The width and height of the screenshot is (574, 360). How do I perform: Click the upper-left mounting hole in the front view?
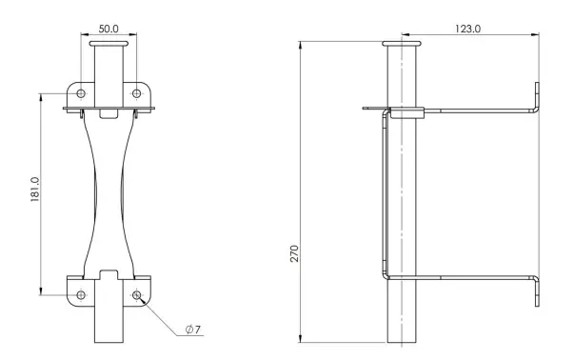80,94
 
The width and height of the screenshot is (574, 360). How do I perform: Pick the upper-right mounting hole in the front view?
136,94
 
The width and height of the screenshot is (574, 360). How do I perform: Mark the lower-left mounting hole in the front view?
80,294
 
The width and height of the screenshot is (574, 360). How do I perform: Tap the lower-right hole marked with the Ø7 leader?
136,294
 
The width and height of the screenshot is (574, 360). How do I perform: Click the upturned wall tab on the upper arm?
538,96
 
